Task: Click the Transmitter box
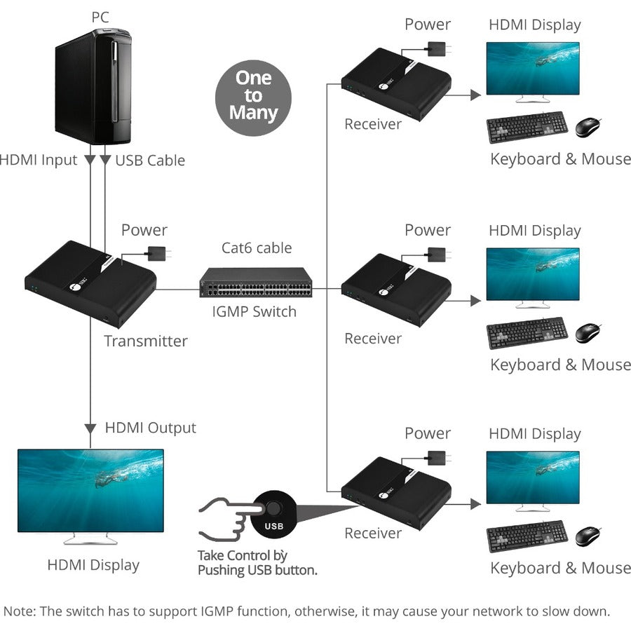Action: pos(91,284)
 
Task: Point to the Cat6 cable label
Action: pos(257,247)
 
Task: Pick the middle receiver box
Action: pos(395,290)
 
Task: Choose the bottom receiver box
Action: pos(395,493)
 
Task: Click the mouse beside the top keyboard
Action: pos(588,127)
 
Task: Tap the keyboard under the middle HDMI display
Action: pos(527,332)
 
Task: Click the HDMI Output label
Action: pos(150,428)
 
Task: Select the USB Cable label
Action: pos(150,161)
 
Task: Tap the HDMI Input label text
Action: pos(39,161)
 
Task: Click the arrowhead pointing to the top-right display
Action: pos(475,95)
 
